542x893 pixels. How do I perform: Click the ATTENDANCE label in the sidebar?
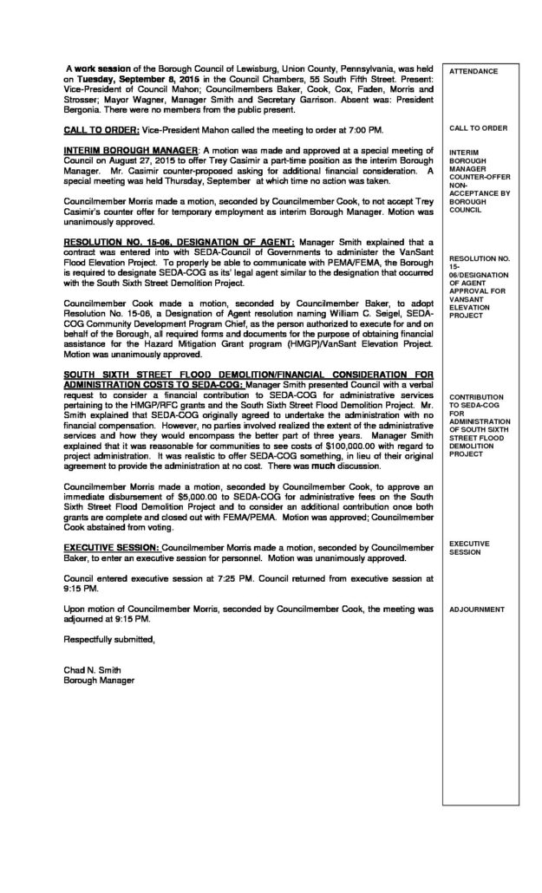473,70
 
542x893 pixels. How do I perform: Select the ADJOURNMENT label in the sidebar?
477,609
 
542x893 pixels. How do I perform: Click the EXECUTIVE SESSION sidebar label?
469,547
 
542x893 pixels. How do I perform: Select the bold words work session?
105,68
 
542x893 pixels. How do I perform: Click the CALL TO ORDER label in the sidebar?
478,128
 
